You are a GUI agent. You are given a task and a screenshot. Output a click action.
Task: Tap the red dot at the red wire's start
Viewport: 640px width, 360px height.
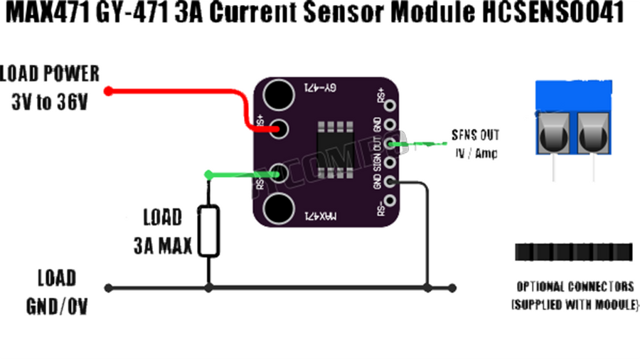108,90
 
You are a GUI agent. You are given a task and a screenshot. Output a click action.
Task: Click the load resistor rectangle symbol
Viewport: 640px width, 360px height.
208,230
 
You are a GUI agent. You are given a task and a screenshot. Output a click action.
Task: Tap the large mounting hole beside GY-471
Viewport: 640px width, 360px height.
277,93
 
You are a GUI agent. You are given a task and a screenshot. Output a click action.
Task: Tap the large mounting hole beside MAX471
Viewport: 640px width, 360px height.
277,208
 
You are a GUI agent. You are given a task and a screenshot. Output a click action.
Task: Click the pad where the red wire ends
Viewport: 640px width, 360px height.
279,129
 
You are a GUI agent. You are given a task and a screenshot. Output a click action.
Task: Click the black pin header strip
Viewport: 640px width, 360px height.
573,252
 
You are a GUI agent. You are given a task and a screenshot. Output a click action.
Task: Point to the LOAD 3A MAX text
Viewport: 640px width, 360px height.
163,231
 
